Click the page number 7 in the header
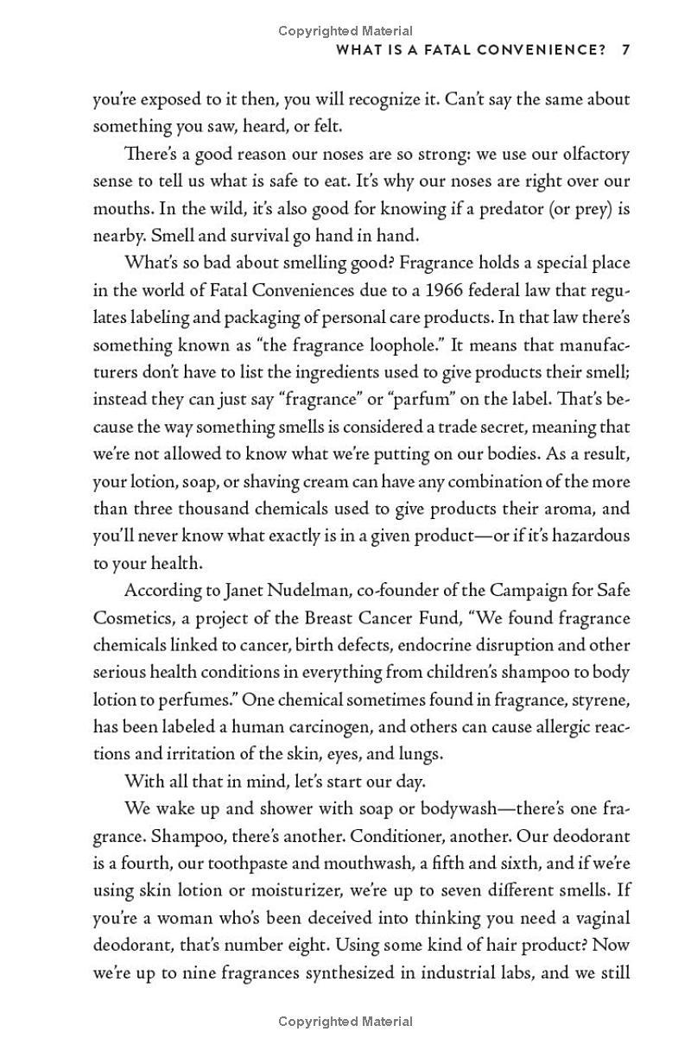tap(625, 49)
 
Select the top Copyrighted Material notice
tap(345, 31)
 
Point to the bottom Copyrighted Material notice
tap(345, 1022)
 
